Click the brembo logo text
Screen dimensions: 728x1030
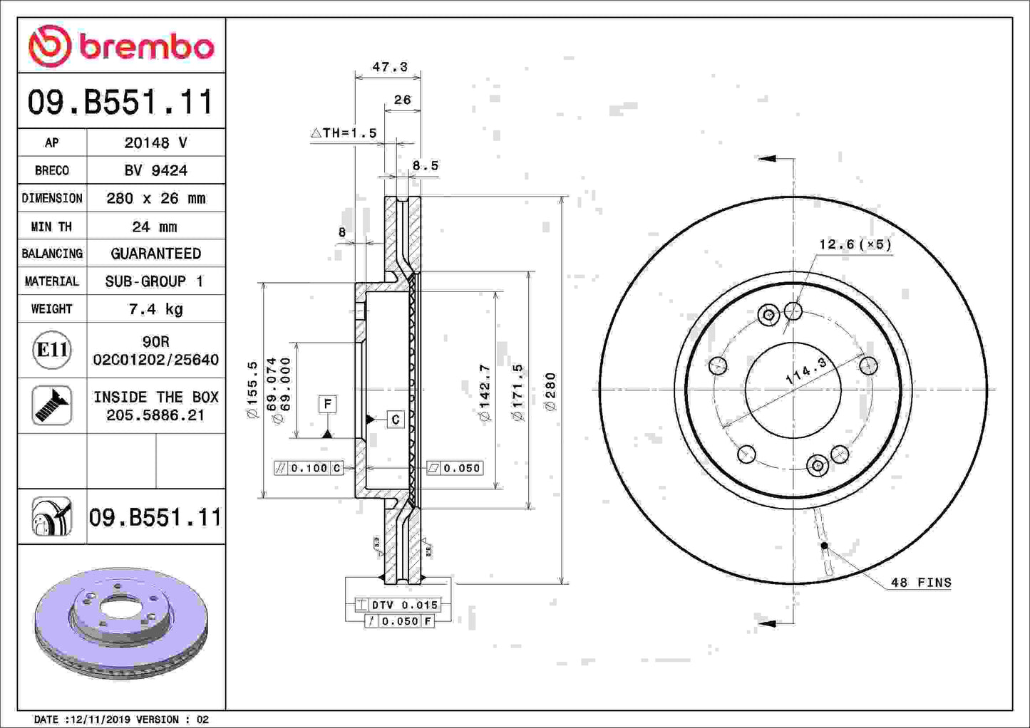click(146, 47)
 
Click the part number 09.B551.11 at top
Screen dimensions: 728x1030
click(120, 103)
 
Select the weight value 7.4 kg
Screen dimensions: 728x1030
click(155, 309)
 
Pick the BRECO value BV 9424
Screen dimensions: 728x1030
click(155, 170)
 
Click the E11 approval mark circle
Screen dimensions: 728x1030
click(52, 350)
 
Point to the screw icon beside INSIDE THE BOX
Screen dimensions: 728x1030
click(52, 405)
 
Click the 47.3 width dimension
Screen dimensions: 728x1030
click(390, 67)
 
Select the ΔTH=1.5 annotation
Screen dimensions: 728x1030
click(344, 133)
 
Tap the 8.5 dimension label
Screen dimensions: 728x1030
click(426, 165)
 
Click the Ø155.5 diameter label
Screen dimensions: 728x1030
click(252, 389)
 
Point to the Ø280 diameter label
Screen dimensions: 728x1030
click(550, 391)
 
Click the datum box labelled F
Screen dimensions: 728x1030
click(327, 404)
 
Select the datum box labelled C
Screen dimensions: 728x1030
click(396, 420)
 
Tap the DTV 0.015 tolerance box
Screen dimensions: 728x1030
click(398, 605)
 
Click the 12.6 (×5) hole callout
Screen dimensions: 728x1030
click(855, 244)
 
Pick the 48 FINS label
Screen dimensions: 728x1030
click(921, 583)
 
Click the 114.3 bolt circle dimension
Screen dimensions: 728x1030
click(806, 371)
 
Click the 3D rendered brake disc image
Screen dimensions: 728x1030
click(121, 622)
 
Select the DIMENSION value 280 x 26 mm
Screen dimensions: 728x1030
click(155, 198)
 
